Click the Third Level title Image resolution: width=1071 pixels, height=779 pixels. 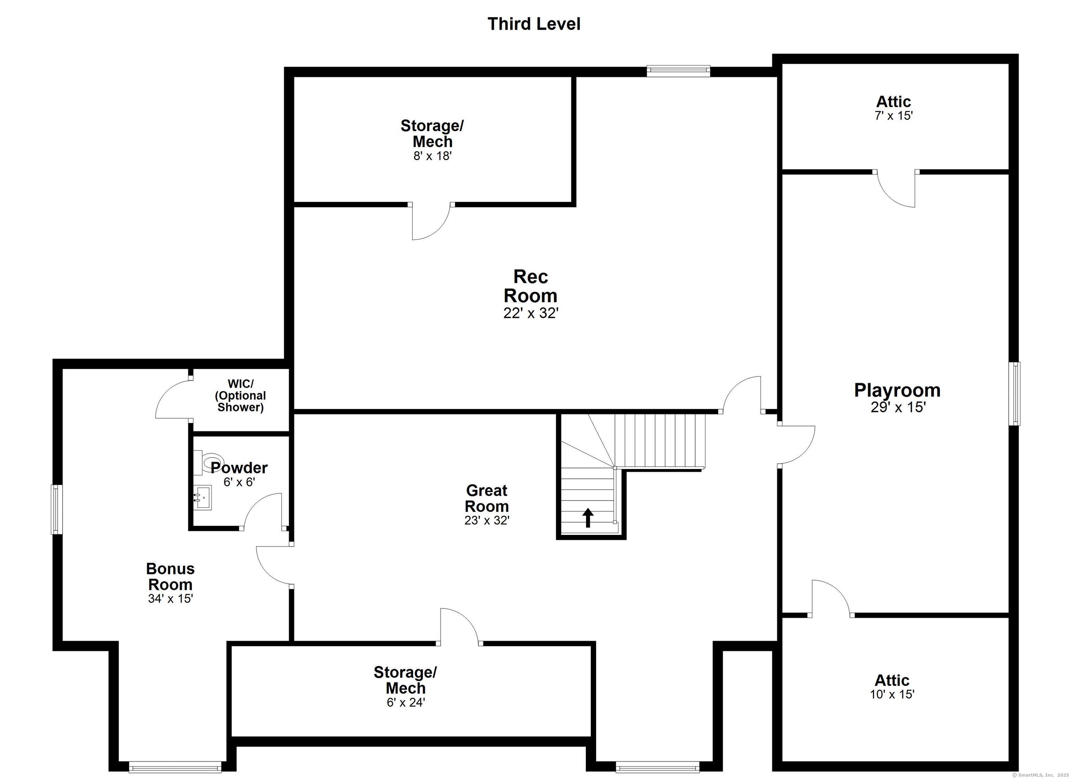pos(534,24)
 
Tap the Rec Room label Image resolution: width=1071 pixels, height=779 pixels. pos(530,286)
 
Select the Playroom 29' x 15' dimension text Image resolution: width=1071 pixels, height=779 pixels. pos(898,407)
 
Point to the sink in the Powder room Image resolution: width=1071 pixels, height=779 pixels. pos(203,498)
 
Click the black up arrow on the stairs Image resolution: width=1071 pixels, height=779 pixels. pos(587,518)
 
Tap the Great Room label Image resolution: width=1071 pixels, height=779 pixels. pos(486,498)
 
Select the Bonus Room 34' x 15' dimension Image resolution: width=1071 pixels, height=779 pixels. pos(170,598)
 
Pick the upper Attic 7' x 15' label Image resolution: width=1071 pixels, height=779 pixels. pos(894,108)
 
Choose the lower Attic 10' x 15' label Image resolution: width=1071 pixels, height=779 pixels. pos(892,687)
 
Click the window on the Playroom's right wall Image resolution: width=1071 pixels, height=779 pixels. pos(1014,394)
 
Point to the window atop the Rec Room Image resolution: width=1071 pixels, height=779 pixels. pos(678,71)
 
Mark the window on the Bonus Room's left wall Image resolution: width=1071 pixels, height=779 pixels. pos(57,509)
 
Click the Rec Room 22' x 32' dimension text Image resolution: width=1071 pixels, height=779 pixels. pos(531,313)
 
